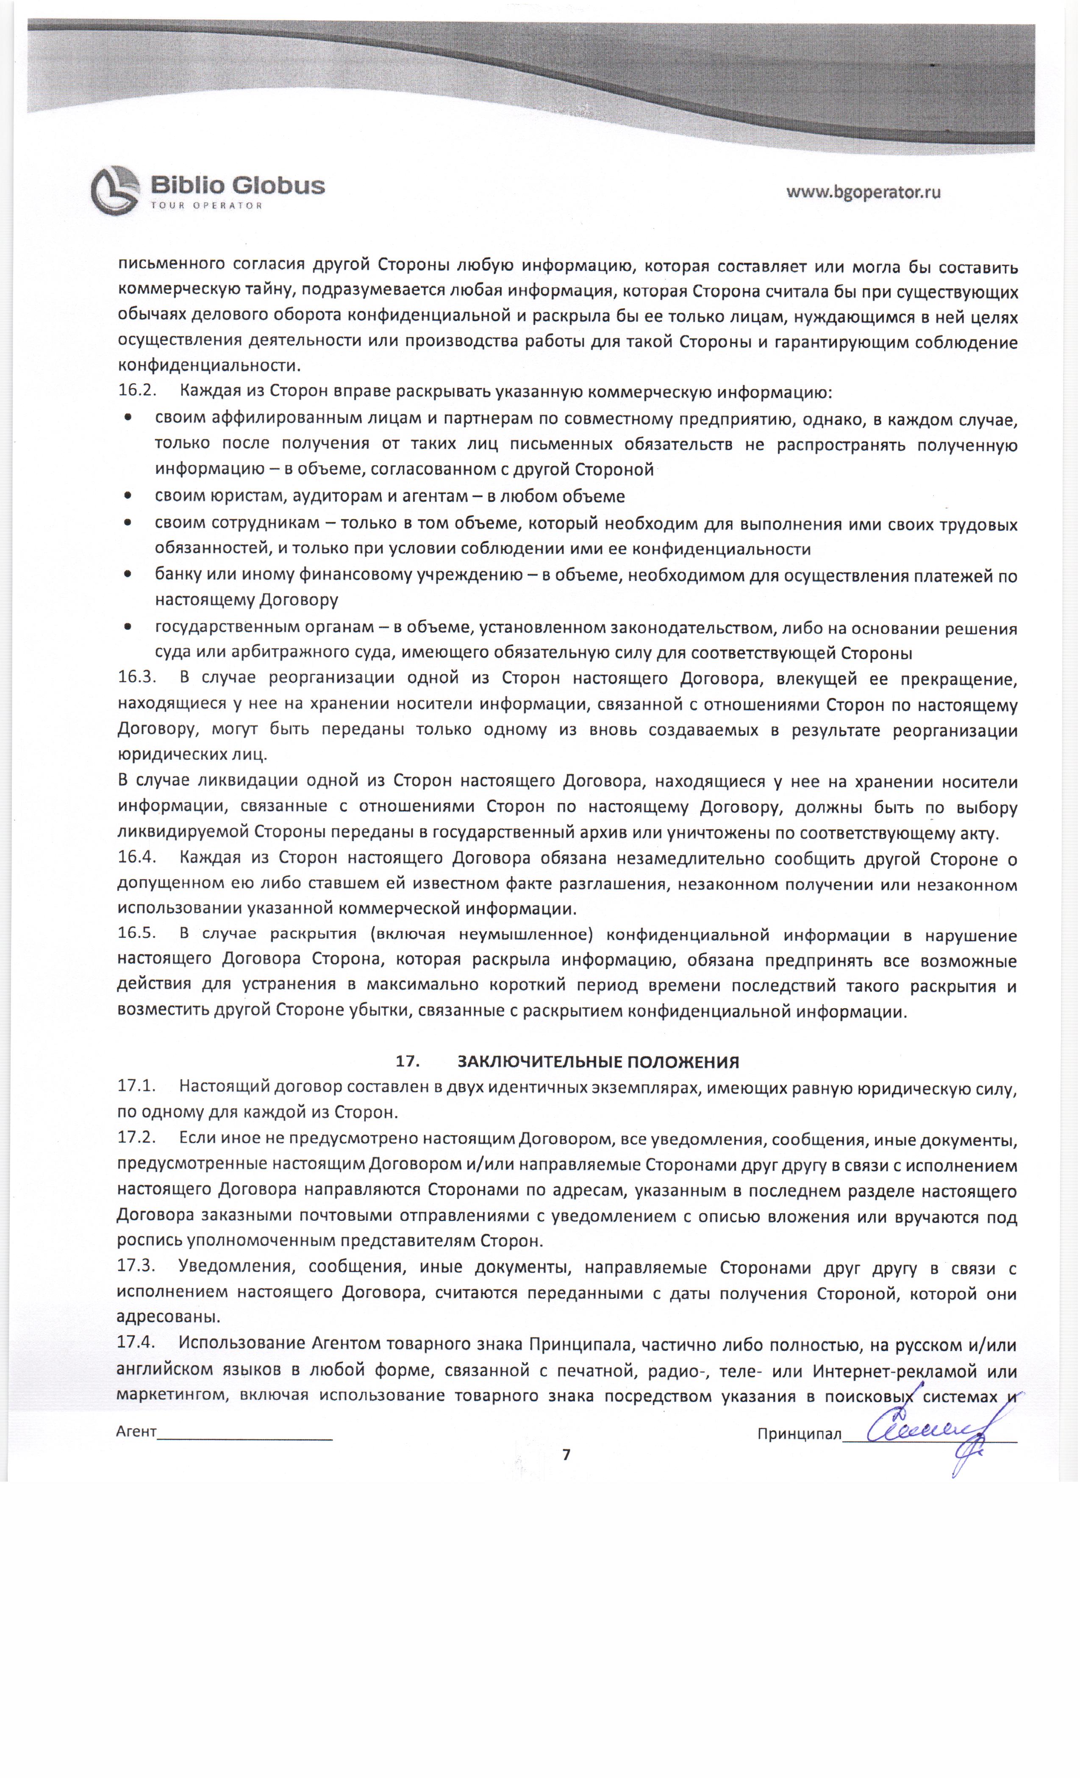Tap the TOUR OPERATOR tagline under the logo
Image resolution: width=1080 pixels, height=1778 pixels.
tap(206, 206)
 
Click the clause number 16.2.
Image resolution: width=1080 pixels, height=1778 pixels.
tap(137, 391)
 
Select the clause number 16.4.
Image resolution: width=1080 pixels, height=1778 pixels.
tap(137, 859)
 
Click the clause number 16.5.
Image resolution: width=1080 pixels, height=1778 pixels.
tap(137, 934)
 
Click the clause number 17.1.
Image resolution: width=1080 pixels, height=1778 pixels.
tap(137, 1087)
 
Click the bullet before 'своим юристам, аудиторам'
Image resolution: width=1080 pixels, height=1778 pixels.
tap(128, 496)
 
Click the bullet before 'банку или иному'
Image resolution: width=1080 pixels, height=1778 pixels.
tap(128, 576)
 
